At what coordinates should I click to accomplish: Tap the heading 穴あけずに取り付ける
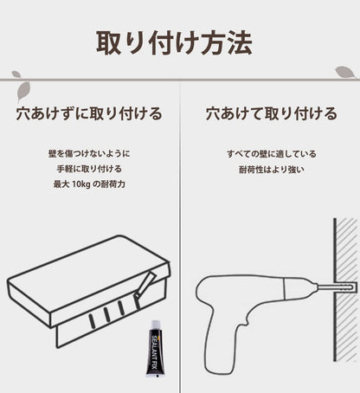pos(89,113)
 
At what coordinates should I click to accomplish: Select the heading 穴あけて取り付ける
pos(271,113)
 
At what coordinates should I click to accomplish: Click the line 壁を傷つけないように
pos(89,152)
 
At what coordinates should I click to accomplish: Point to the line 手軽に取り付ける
pos(89,168)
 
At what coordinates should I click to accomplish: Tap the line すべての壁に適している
pos(270,152)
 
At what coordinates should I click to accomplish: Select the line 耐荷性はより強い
pos(270,168)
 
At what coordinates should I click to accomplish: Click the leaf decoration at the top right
pos(344,71)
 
